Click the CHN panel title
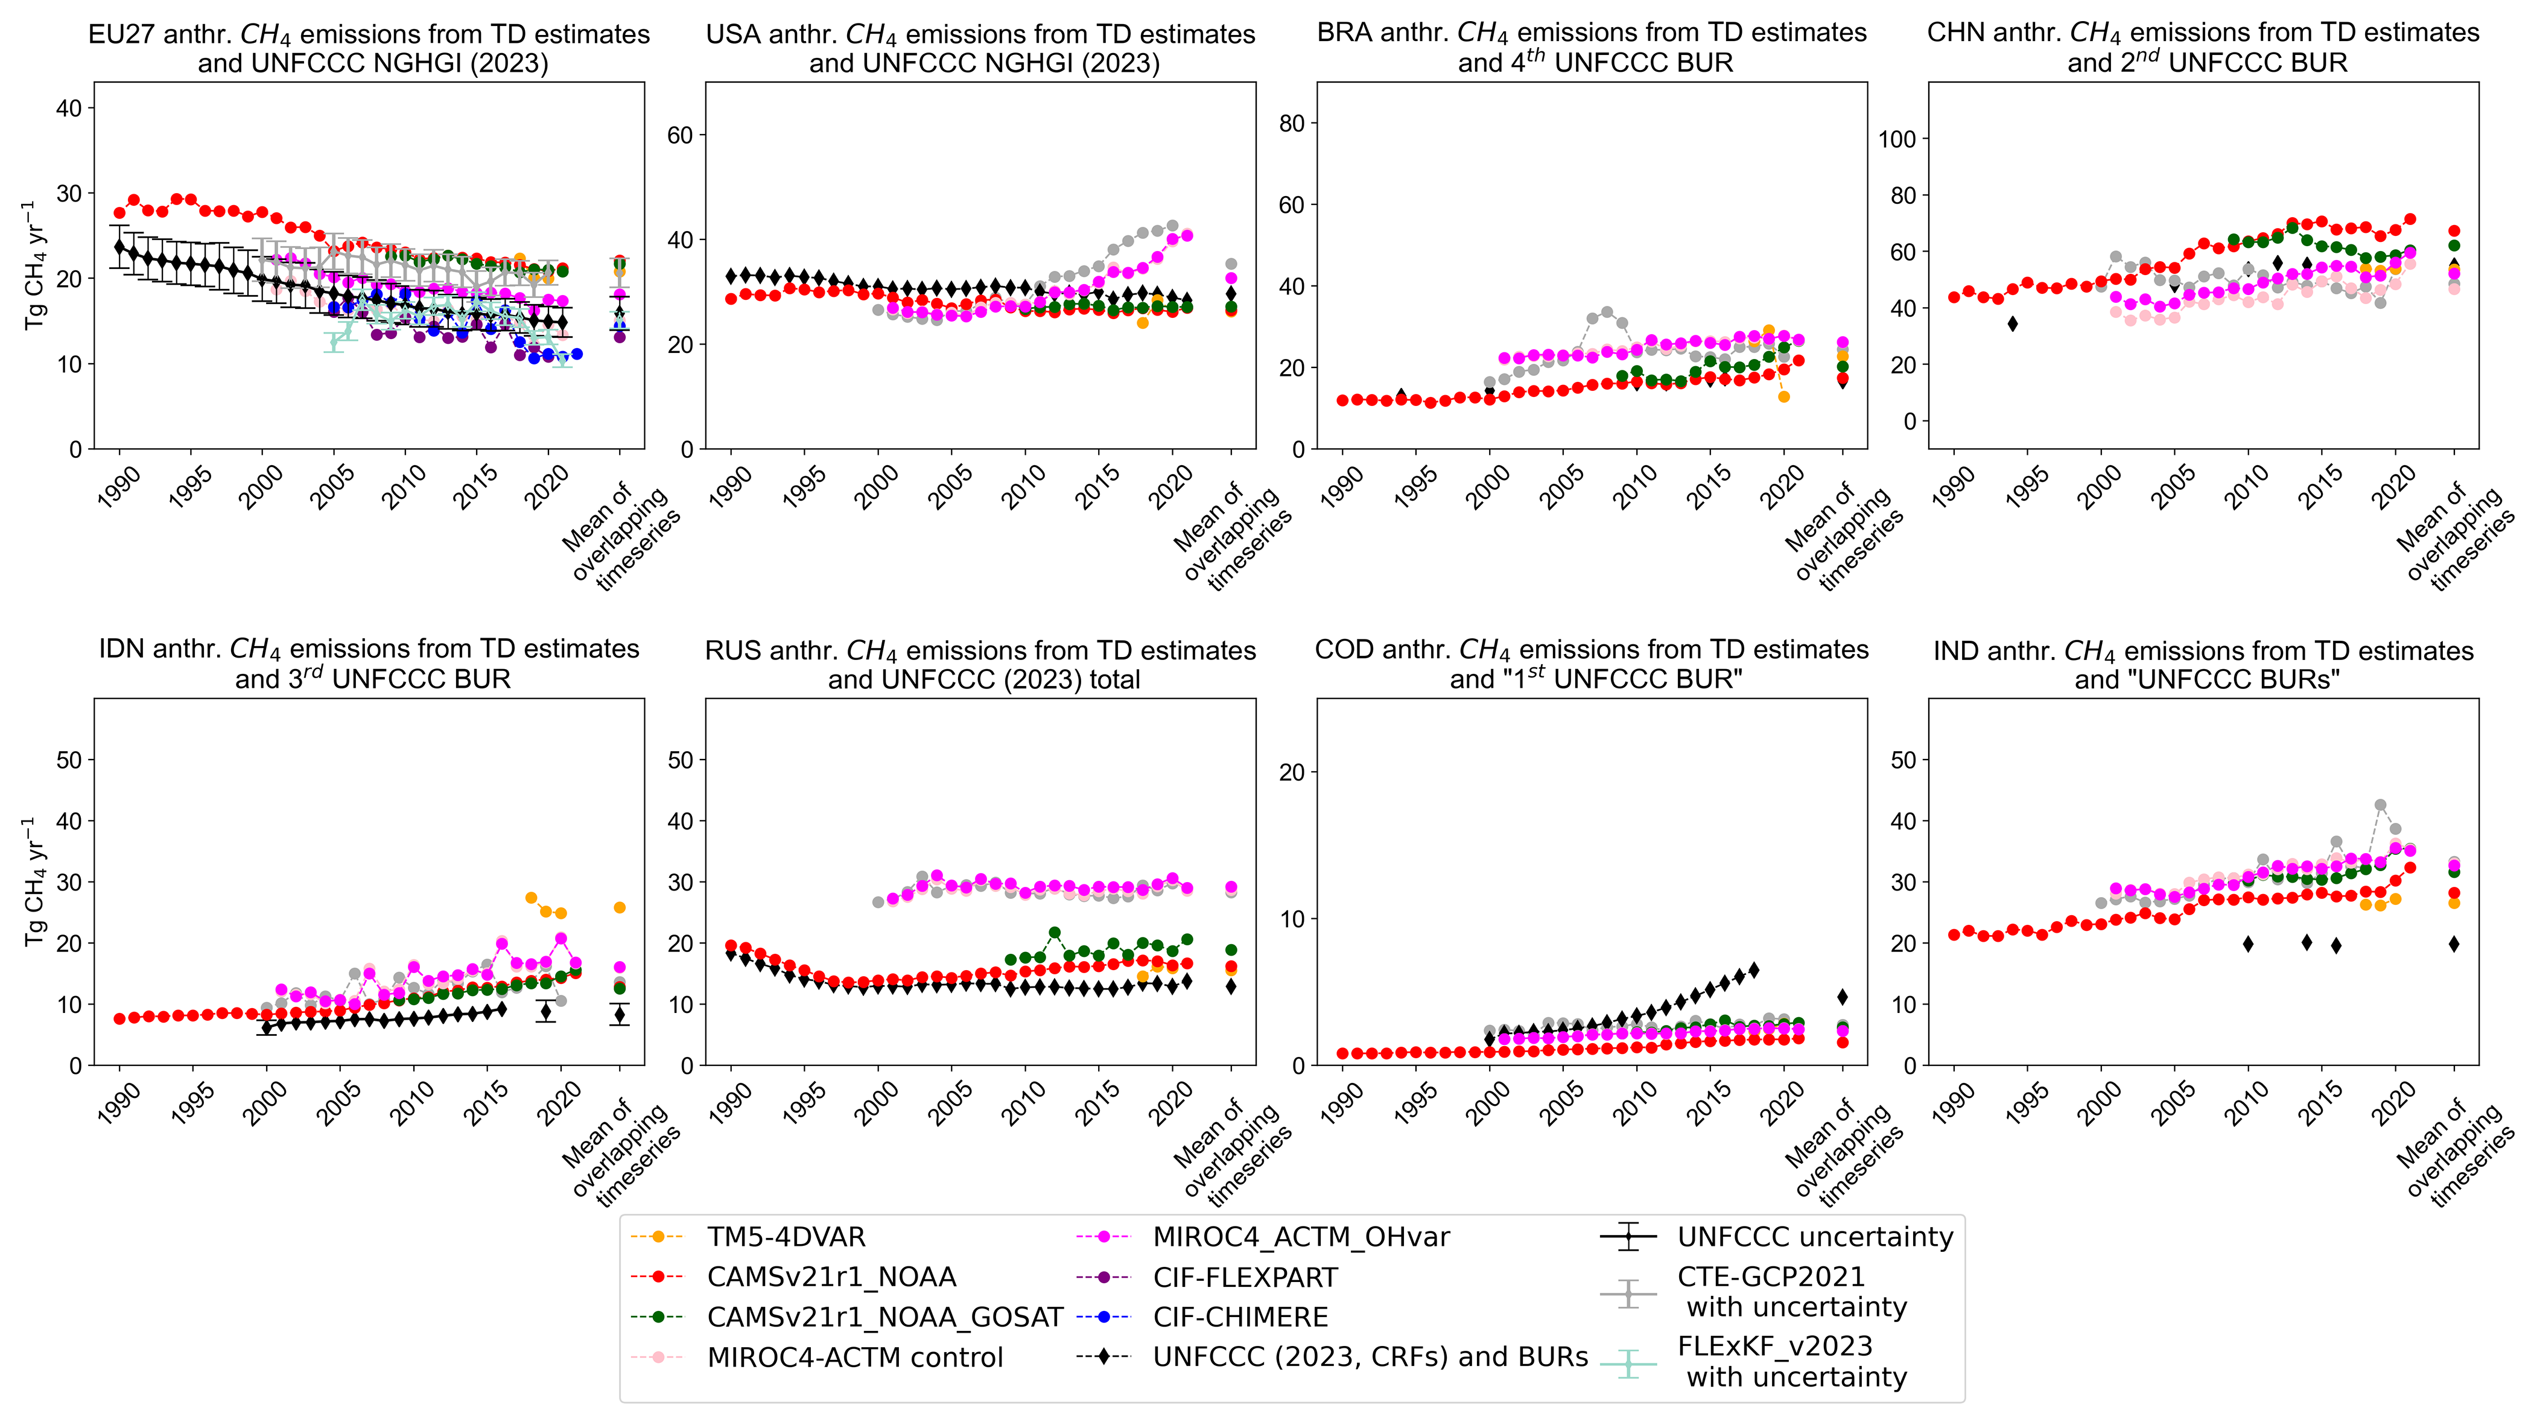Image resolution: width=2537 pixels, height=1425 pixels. [x=2203, y=47]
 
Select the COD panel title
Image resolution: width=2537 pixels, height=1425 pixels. [x=1592, y=664]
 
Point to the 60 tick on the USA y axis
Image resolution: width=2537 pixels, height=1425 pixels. [x=681, y=135]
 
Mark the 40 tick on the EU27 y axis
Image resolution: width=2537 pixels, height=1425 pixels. [x=69, y=109]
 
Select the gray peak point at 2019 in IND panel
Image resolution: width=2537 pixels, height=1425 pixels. [x=2380, y=805]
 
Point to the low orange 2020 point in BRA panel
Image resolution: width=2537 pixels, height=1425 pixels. [x=1783, y=397]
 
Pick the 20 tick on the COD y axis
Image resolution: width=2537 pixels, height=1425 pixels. [x=1292, y=773]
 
